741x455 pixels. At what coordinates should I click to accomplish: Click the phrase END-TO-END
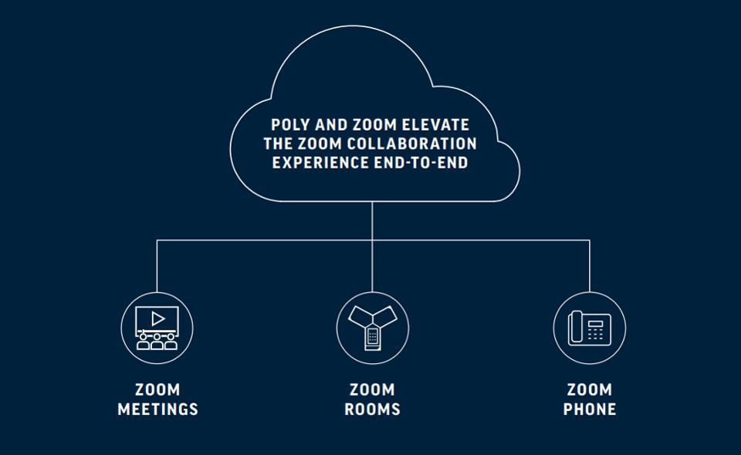(421, 163)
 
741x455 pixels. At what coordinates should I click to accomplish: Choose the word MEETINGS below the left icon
(157, 409)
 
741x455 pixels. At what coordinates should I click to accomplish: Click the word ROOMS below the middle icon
(372, 409)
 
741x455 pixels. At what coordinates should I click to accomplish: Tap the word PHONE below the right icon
(590, 409)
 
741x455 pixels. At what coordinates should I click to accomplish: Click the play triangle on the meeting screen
(157, 319)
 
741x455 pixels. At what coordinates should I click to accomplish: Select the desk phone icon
(590, 328)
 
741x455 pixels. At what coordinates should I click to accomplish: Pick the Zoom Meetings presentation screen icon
(157, 328)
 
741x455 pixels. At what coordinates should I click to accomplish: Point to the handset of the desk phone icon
(575, 327)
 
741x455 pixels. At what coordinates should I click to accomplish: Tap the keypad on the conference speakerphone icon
(372, 337)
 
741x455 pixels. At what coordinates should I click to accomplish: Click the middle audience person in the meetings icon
(157, 341)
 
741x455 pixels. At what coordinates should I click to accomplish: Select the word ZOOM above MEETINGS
(157, 390)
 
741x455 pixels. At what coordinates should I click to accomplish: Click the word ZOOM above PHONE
(590, 390)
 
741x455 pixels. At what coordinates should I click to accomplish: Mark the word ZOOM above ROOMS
(372, 390)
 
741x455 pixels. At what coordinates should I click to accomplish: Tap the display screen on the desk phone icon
(595, 324)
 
